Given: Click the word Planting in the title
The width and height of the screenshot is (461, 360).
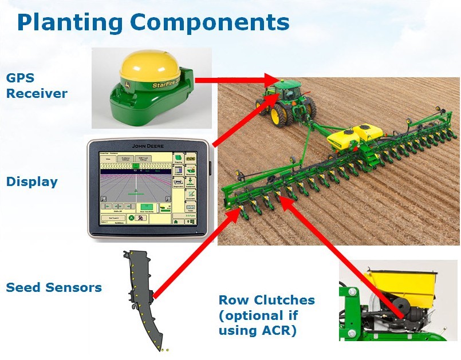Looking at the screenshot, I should (69, 23).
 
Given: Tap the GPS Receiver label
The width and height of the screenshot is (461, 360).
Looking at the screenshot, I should (37, 85).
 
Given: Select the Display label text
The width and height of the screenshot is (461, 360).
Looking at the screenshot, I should (32, 182).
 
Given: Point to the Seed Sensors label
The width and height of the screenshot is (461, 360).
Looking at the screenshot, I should (54, 287).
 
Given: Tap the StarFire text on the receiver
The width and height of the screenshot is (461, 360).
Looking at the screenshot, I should (166, 85).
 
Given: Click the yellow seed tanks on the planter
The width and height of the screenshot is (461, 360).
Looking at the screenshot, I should (354, 136).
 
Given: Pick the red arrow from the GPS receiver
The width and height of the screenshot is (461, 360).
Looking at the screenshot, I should (235, 80).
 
